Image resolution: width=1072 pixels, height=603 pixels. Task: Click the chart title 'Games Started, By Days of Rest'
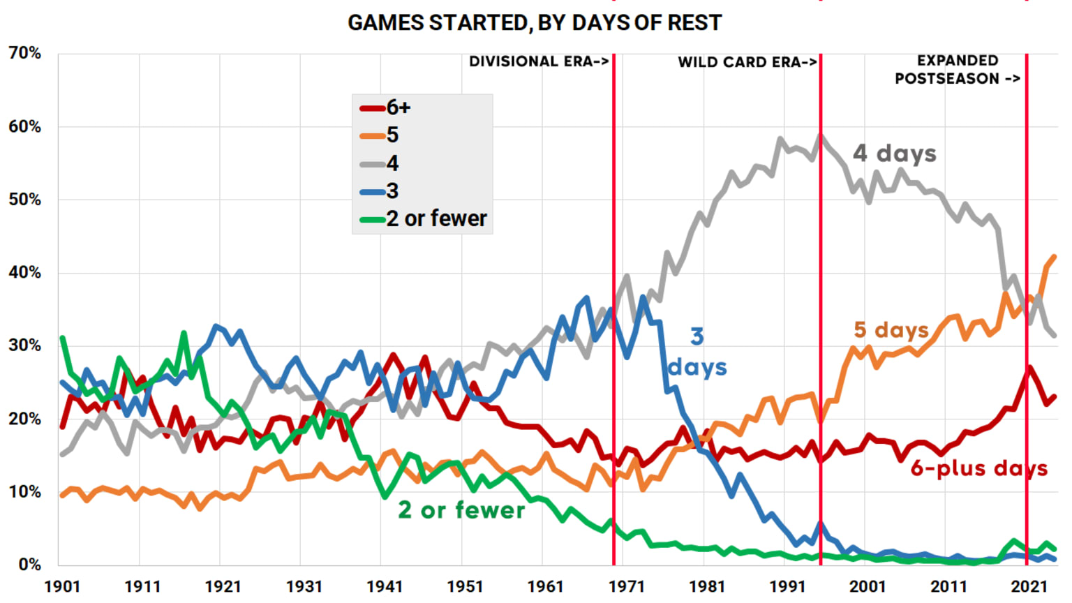tap(535, 23)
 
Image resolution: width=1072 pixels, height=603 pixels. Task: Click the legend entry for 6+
tap(385, 107)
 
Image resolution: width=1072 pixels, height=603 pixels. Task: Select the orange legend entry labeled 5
tap(380, 135)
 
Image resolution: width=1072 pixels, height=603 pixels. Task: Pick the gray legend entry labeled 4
tap(380, 163)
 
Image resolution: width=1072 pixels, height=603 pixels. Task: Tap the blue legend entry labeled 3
tap(380, 191)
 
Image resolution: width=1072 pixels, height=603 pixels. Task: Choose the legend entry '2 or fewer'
tap(423, 218)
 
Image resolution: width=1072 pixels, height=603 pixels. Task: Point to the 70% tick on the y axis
tap(25, 53)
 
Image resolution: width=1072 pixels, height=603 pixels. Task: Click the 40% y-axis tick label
tap(25, 273)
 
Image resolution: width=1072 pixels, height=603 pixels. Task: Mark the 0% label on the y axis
tap(29, 565)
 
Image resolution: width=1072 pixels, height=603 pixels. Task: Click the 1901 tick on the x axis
tap(62, 586)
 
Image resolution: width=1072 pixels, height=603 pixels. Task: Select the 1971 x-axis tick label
tap(626, 586)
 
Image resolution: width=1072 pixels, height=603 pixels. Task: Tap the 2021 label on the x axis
tap(1029, 586)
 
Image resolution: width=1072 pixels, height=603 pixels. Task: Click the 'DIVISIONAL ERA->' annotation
tap(539, 61)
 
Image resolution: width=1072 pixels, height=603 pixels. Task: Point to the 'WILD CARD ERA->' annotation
tap(747, 62)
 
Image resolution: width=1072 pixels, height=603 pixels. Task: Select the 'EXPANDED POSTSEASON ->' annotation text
tap(958, 70)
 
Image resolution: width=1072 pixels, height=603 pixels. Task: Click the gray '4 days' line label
tap(895, 153)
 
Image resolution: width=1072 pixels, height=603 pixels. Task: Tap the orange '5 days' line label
tap(891, 329)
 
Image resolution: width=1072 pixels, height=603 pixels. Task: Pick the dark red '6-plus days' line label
tap(979, 468)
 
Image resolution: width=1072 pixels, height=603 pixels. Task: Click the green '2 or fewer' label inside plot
tap(461, 510)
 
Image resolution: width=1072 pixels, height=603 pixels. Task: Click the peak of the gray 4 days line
tap(821, 136)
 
